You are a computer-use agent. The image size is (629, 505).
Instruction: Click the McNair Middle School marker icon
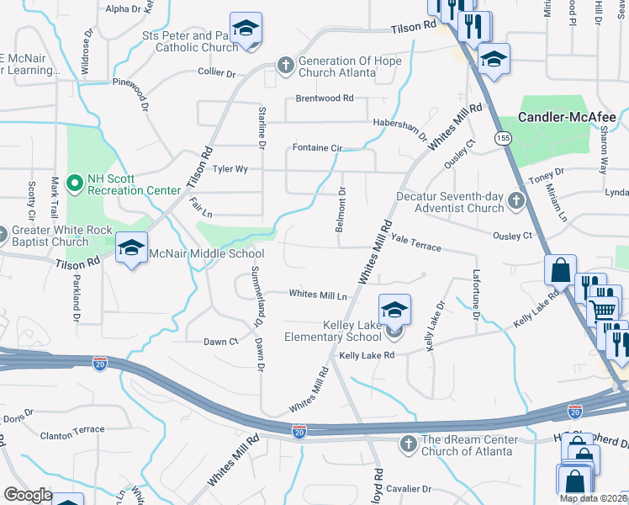click(132, 248)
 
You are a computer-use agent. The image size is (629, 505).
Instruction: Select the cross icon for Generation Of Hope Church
click(286, 64)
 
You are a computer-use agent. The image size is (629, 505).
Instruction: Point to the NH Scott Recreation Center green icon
click(75, 182)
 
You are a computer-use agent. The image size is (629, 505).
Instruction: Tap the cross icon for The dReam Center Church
click(408, 443)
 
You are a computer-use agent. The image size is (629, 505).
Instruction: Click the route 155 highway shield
click(503, 138)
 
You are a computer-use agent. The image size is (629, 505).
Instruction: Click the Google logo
click(28, 495)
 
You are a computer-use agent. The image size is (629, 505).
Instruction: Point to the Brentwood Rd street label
click(324, 98)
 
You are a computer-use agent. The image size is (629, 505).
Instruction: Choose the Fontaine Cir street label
click(317, 148)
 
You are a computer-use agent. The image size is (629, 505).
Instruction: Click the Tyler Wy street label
click(230, 169)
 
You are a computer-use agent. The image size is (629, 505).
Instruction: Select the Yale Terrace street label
click(415, 245)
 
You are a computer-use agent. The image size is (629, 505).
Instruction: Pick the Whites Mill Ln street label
click(318, 295)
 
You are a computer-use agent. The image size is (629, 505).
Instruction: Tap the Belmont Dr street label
click(341, 210)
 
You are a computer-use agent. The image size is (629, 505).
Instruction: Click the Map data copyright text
click(593, 498)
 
